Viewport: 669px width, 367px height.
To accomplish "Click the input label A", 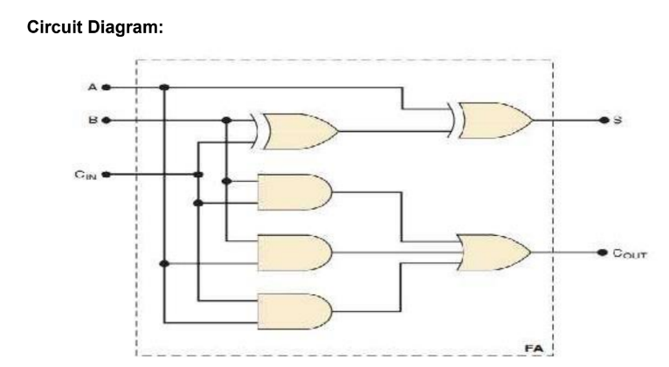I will tap(94, 87).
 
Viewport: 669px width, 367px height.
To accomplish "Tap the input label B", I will tap(94, 120).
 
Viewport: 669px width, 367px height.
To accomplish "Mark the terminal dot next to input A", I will tap(106, 87).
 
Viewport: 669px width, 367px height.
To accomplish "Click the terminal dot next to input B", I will tap(106, 120).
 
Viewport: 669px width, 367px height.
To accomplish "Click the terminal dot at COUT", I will tap(603, 253).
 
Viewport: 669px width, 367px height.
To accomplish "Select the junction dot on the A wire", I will tap(164, 87).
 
